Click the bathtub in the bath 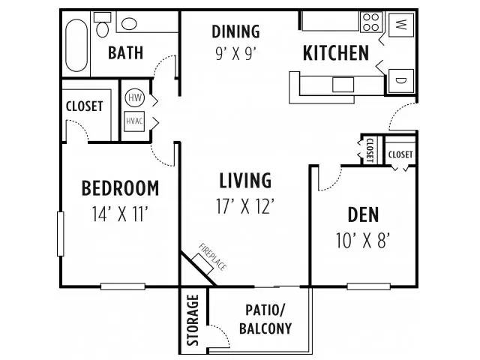[76, 46]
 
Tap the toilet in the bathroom [102, 25]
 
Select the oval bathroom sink [129, 23]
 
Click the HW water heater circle [134, 97]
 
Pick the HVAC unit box [134, 121]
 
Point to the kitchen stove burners [371, 22]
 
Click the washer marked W [401, 24]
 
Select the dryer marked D [401, 81]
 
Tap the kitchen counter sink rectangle [343, 85]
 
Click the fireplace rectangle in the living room [202, 264]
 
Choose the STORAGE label [193, 320]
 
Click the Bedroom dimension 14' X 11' [120, 214]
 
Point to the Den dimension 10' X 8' [363, 240]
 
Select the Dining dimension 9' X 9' [235, 54]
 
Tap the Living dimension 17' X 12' [245, 206]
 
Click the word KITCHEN [336, 53]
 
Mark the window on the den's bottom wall [368, 286]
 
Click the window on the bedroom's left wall [61, 233]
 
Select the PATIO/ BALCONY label [265, 319]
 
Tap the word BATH [125, 52]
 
